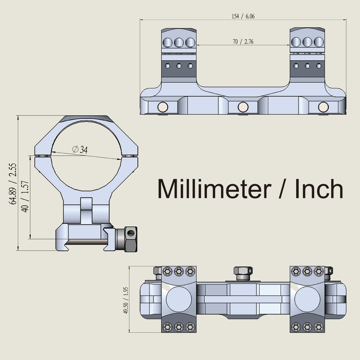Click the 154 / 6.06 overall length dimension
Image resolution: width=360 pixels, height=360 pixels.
click(x=243, y=16)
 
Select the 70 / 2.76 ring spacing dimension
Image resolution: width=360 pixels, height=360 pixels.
click(x=243, y=42)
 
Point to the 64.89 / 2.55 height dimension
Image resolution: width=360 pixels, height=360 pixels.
click(x=13, y=184)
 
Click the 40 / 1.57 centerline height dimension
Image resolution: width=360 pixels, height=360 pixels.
click(x=26, y=196)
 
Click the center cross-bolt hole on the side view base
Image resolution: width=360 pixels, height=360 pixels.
click(x=243, y=106)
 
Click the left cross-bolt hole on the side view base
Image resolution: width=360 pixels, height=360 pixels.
click(x=163, y=106)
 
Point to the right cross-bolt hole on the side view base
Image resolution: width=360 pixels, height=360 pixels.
click(x=323, y=106)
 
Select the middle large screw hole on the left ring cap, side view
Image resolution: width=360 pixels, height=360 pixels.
click(x=179, y=42)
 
